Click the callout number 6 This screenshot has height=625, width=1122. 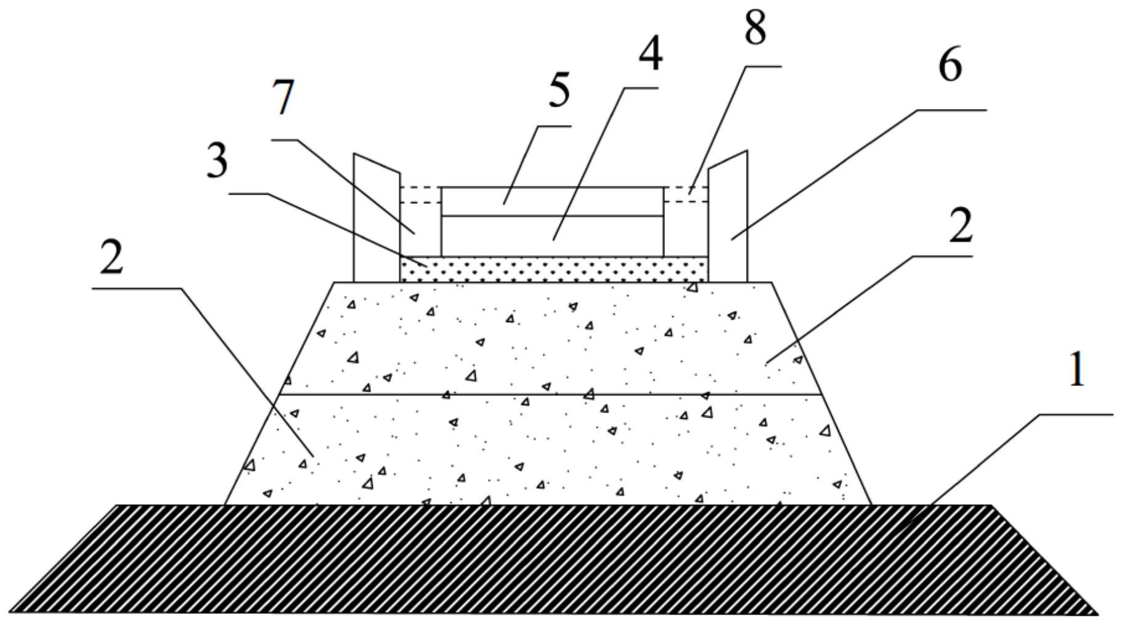[x=949, y=67]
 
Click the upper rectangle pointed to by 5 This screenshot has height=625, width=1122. [x=552, y=201]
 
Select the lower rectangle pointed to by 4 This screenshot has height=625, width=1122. [x=552, y=236]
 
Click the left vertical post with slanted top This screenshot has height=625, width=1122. [x=376, y=222]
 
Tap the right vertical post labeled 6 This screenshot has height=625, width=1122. [x=728, y=222]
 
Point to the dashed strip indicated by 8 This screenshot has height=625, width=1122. [x=686, y=194]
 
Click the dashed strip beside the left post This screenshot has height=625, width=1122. [x=420, y=194]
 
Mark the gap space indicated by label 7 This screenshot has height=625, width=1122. [x=420, y=231]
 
